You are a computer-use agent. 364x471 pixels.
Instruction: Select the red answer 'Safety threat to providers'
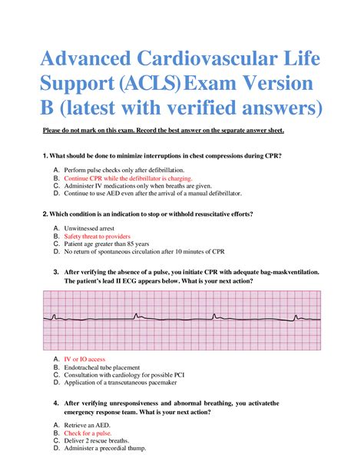coord(98,237)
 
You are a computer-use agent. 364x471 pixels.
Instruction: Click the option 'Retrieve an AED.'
coord(88,425)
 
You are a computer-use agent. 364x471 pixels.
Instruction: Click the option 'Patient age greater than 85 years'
coord(108,244)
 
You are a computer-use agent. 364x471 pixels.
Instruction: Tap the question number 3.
coord(55,272)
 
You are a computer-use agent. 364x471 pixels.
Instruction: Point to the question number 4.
coord(55,403)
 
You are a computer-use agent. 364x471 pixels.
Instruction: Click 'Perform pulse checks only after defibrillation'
coord(123,169)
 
